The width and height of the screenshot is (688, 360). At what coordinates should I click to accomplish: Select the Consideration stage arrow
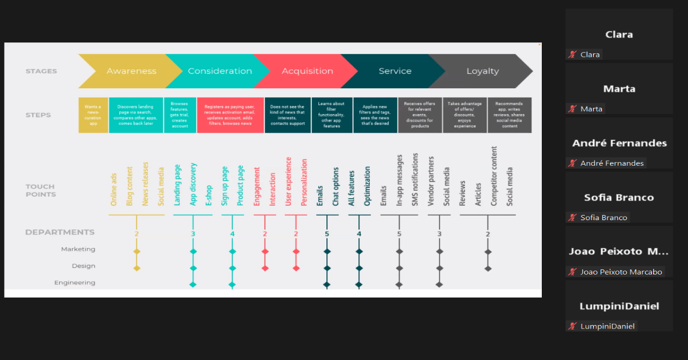coord(220,71)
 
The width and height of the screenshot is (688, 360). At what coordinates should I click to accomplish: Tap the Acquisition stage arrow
coord(307,71)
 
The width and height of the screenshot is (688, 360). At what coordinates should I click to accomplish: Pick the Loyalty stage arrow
coord(482,71)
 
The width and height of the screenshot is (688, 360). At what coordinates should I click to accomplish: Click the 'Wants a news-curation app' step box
coord(93,115)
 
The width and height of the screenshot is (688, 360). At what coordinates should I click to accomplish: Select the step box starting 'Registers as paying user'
coord(230,115)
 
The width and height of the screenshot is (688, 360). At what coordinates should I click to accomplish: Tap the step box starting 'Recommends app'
coord(509,115)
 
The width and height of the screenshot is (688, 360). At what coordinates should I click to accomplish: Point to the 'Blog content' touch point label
coord(130,186)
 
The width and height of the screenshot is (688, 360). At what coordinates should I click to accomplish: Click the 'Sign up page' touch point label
coord(225,186)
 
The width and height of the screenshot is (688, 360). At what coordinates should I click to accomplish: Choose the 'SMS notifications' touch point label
coord(415,179)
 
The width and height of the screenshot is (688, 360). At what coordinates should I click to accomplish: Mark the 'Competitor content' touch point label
coord(494,176)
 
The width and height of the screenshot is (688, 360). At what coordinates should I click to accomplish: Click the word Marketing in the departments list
coord(79,249)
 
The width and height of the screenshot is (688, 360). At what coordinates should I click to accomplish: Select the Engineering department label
coord(75,283)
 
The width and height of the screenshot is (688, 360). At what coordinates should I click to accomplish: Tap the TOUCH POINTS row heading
coord(41,190)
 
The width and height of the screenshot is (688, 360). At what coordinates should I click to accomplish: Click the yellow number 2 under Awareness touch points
coord(136,234)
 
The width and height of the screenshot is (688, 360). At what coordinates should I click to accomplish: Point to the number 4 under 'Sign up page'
coord(232,234)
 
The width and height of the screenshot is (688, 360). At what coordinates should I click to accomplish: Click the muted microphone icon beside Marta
coord(572,109)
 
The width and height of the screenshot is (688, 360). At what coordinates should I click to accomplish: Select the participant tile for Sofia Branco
coord(619,197)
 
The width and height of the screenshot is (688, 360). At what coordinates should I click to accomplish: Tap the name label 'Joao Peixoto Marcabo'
coord(621,272)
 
